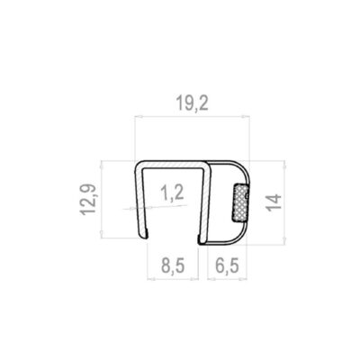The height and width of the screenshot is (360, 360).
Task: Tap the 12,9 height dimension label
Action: click(88, 200)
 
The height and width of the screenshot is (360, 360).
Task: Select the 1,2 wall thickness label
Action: click(172, 193)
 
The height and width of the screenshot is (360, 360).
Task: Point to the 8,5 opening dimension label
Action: click(173, 265)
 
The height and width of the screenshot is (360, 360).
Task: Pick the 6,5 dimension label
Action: click(227, 265)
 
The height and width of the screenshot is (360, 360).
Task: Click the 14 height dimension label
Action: click(274, 202)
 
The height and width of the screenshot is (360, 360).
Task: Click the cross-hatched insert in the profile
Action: click(240, 202)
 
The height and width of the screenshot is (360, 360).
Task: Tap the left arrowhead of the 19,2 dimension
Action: click(139, 116)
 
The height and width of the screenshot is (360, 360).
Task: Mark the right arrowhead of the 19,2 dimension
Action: click(246, 116)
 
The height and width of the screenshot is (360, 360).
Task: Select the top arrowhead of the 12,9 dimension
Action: click(102, 165)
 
